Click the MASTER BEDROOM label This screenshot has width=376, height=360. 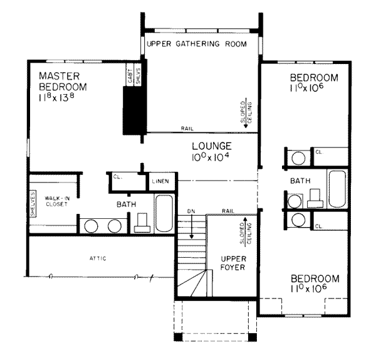point(62,81)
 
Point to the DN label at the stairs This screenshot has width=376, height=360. point(192,211)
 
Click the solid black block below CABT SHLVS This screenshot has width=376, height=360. point(133,110)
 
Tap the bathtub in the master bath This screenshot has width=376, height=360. point(164,213)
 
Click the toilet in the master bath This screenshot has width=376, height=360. point(144,221)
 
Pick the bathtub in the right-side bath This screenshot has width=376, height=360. point(336,188)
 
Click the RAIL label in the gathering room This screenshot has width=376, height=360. point(186,128)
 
